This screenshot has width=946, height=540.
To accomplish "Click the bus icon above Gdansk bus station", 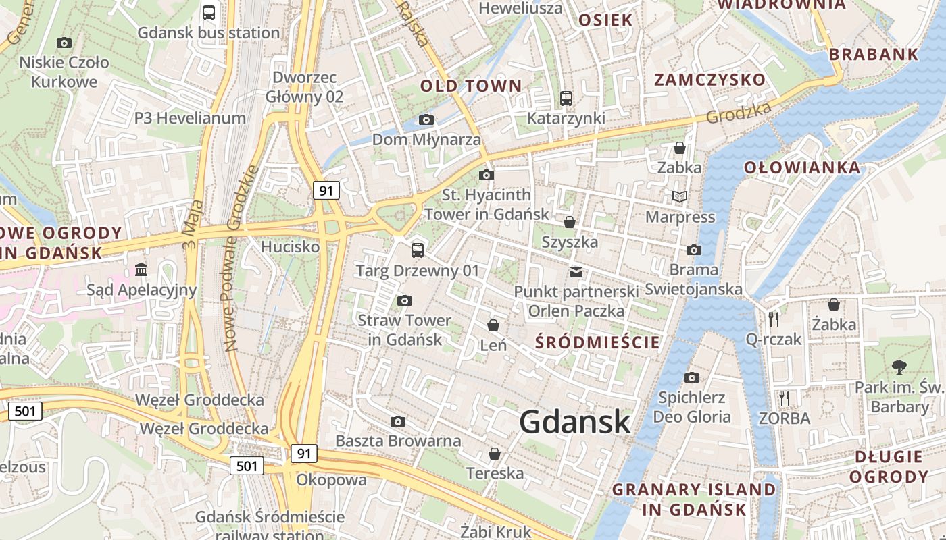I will pyautogui.click(x=209, y=12).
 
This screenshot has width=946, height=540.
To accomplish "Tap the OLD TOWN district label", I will pyautogui.click(x=471, y=86).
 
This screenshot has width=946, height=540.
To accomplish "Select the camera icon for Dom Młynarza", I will pyautogui.click(x=426, y=120).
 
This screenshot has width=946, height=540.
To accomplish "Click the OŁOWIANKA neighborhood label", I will pyautogui.click(x=802, y=167).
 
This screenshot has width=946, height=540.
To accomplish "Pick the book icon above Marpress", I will pyautogui.click(x=679, y=197).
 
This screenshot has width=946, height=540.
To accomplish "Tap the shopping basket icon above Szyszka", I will pyautogui.click(x=569, y=222).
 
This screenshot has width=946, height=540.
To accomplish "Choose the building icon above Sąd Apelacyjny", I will pyautogui.click(x=141, y=270).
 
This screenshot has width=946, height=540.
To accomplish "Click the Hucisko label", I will pyautogui.click(x=290, y=247).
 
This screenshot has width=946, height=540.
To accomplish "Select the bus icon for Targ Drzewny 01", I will pyautogui.click(x=418, y=250).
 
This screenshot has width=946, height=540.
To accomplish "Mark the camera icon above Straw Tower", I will pyautogui.click(x=405, y=301).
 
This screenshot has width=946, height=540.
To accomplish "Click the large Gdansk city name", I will pyautogui.click(x=575, y=422).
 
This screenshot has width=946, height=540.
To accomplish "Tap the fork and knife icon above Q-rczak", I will pyautogui.click(x=774, y=319).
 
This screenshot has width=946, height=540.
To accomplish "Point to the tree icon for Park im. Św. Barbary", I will pyautogui.click(x=899, y=367).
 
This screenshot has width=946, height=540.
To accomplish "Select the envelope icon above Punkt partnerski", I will pyautogui.click(x=576, y=272).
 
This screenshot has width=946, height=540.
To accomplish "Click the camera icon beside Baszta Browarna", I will pyautogui.click(x=398, y=422).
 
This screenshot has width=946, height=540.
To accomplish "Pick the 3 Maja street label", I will pyautogui.click(x=193, y=225).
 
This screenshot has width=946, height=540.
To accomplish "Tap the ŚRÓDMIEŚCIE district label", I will pyautogui.click(x=597, y=342).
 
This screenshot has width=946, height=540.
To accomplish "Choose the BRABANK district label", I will pyautogui.click(x=873, y=55).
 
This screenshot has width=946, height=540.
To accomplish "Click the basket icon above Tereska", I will pyautogui.click(x=495, y=454).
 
